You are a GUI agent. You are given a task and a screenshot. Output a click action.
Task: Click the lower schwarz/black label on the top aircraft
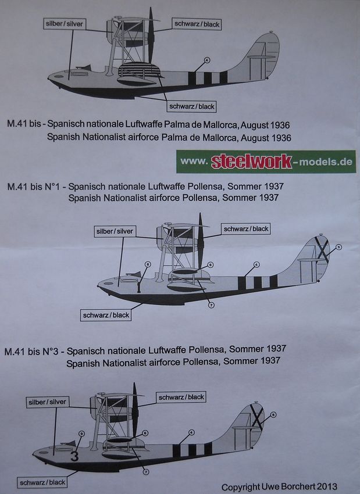(x=191, y=106)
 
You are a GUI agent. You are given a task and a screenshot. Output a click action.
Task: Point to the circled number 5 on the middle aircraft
(x=338, y=247)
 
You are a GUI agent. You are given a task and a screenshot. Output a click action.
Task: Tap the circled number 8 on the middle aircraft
(x=147, y=264)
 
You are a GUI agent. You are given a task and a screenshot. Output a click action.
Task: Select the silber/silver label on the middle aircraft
(x=115, y=231)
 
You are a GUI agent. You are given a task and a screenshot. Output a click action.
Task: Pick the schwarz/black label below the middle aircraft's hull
(x=106, y=315)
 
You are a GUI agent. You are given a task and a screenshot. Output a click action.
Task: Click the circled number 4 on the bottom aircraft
(x=191, y=433)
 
